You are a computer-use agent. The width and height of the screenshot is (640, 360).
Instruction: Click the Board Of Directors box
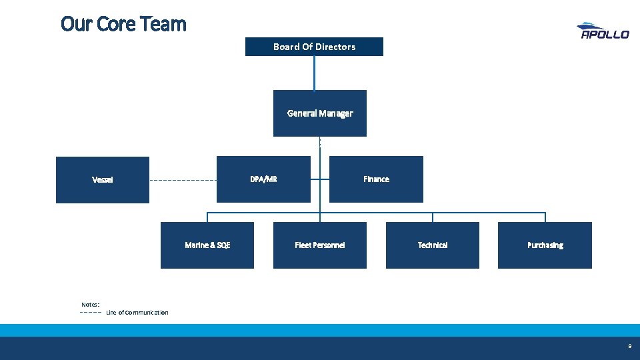pyautogui.click(x=314, y=47)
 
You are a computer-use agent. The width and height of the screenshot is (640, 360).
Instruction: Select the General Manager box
pyautogui.click(x=320, y=113)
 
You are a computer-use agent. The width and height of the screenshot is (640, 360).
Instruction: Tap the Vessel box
pyautogui.click(x=103, y=179)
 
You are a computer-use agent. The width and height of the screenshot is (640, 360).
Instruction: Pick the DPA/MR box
pyautogui.click(x=263, y=179)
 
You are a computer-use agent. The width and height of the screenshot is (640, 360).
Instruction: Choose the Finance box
pyautogui.click(x=377, y=179)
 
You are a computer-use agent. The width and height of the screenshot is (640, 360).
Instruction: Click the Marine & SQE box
pyautogui.click(x=207, y=245)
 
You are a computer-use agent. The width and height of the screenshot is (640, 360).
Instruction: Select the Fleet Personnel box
pyautogui.click(x=320, y=245)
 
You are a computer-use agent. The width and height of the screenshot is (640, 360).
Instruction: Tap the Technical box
pyautogui.click(x=433, y=245)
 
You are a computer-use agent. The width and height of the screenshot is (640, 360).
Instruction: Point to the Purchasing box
pyautogui.click(x=545, y=245)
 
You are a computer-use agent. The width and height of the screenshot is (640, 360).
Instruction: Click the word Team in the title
pyautogui.click(x=164, y=24)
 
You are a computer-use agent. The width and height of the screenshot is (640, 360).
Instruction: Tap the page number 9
pyautogui.click(x=629, y=347)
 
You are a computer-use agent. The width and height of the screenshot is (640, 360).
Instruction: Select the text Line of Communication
pyautogui.click(x=137, y=313)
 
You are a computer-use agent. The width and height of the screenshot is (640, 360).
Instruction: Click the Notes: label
pyautogui.click(x=90, y=304)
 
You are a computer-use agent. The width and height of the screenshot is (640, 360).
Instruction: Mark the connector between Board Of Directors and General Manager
pyautogui.click(x=315, y=73)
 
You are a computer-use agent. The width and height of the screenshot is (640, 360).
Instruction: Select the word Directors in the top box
pyautogui.click(x=335, y=47)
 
